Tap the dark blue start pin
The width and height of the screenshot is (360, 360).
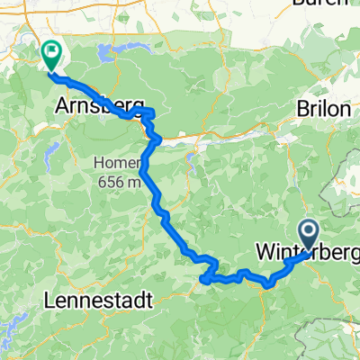click(308, 236)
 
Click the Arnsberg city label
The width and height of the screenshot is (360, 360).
click(90, 106)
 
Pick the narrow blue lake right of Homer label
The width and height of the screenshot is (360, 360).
click(193, 164)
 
